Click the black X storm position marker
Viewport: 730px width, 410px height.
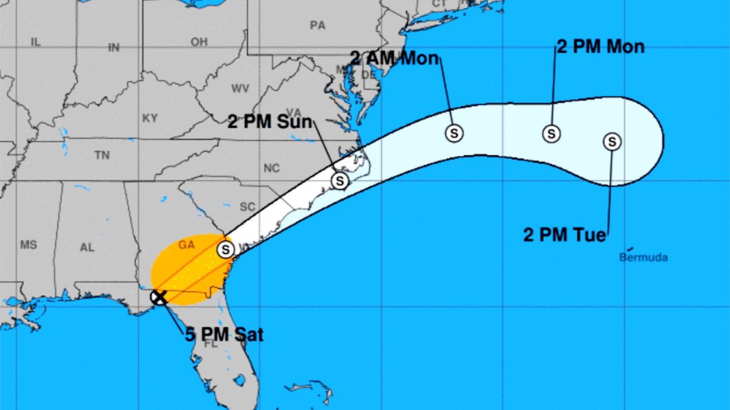point(159,297)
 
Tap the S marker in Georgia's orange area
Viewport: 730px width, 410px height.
point(226,249)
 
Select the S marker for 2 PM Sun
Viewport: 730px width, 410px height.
point(339,180)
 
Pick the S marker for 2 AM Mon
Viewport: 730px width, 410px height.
point(453,133)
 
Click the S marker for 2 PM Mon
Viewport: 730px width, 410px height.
point(551,133)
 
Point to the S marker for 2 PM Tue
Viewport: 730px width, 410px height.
point(612,142)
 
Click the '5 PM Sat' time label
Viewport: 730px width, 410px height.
point(224,334)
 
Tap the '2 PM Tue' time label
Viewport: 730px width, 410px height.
point(565,234)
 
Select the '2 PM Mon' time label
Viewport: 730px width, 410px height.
point(600,47)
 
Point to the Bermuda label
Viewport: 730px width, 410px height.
point(643,258)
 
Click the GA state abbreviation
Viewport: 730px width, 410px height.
point(186,245)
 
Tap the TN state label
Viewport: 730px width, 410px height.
point(102,155)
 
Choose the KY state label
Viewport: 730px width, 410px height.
point(150,118)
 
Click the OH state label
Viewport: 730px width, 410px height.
point(199,42)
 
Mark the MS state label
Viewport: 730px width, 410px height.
point(29,245)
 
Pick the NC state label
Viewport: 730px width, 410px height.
point(271,168)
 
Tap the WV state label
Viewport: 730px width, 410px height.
point(240,89)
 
